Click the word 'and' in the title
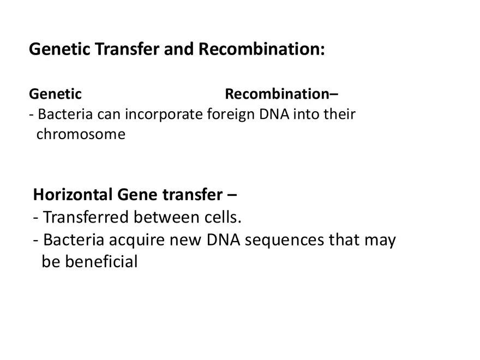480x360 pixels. pos(180,50)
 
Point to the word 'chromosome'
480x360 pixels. pos(81,134)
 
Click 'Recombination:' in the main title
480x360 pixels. pos(261,50)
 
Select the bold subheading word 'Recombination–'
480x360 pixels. pos(281,94)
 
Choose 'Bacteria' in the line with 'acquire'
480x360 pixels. pos(73,239)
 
